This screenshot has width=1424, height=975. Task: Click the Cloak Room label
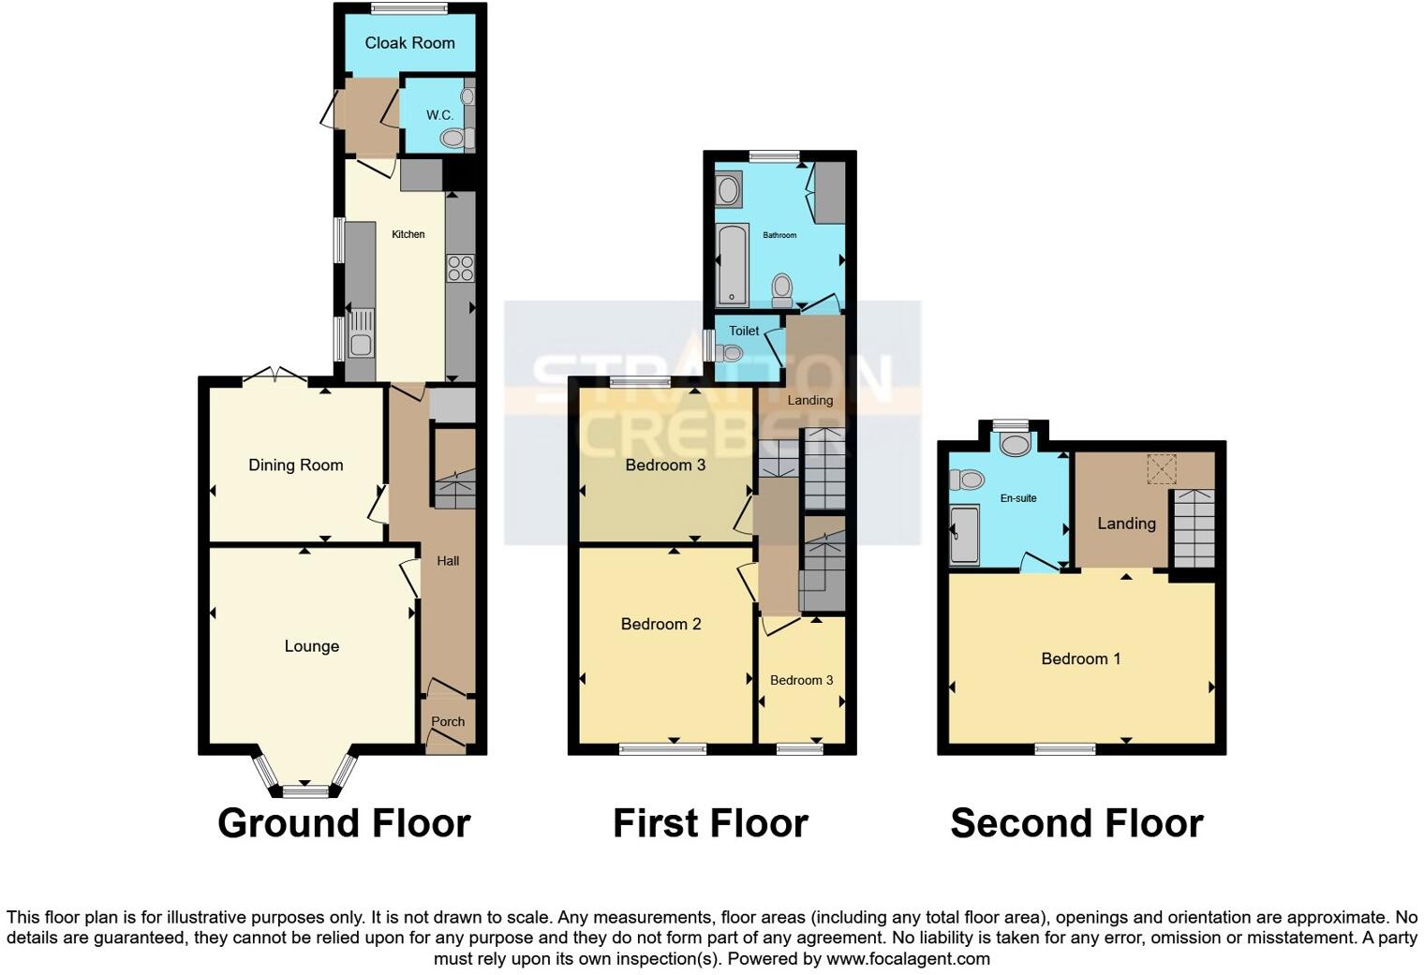[x=409, y=43]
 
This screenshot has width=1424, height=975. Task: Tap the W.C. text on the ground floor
[x=439, y=115]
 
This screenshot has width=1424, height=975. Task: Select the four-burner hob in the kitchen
[x=460, y=269]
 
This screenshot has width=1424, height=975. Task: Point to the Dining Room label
[x=295, y=465]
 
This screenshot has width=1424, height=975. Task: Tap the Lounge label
[x=311, y=646]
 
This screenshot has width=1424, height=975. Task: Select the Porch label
[x=448, y=722]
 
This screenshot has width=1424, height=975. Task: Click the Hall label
[x=448, y=561]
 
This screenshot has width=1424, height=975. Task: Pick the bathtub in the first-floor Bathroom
[x=732, y=265]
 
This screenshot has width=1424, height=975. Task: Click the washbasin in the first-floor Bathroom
[x=728, y=190]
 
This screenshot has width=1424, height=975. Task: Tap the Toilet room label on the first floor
[x=744, y=331]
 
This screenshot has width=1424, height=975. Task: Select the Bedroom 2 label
[x=660, y=625]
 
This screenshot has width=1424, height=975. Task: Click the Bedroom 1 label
[x=1080, y=659]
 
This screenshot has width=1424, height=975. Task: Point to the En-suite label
[x=1018, y=498]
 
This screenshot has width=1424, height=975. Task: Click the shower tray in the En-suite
[x=964, y=536]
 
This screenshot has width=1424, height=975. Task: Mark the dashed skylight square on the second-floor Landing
[x=1162, y=468]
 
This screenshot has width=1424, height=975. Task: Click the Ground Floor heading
[x=344, y=823]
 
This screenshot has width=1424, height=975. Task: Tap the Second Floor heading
[x=1076, y=823]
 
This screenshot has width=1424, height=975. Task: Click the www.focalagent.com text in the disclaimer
[x=907, y=959]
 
